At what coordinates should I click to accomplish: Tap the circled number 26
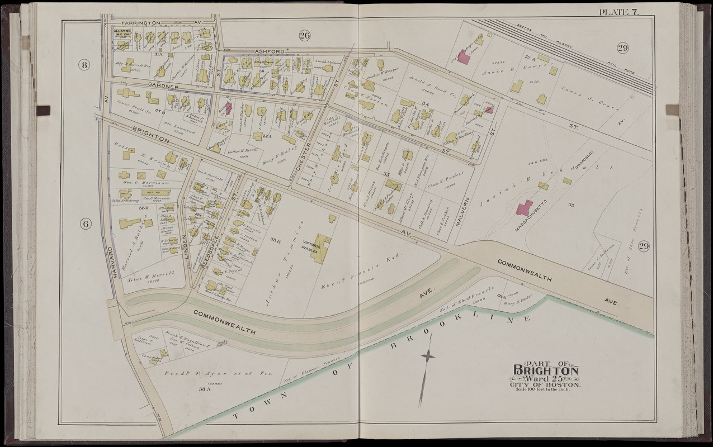(x=304, y=36)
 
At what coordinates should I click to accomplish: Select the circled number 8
(x=84, y=65)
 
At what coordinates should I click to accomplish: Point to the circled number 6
(x=85, y=223)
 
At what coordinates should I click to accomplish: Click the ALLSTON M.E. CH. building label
(x=122, y=33)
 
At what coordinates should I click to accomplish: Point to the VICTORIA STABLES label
(x=311, y=244)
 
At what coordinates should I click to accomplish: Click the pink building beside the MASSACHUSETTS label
(x=525, y=208)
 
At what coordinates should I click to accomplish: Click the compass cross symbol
(x=428, y=355)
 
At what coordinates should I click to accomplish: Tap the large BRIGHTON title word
(x=546, y=370)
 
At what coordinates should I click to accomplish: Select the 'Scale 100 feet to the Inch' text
(x=545, y=389)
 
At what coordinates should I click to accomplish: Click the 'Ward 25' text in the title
(x=546, y=379)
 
